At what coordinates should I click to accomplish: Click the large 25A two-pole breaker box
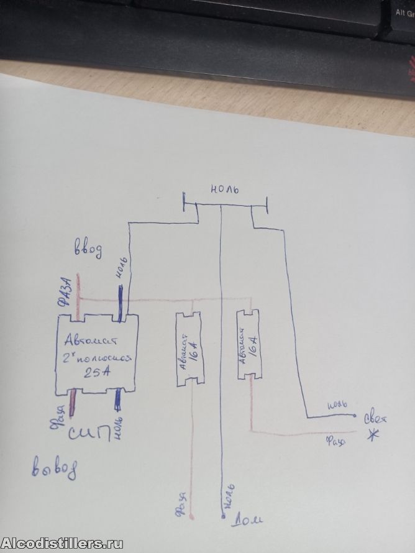pyautogui.click(x=96, y=356)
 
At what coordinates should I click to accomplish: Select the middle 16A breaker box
pyautogui.click(x=188, y=349)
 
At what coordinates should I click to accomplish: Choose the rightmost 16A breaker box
pyautogui.click(x=250, y=344)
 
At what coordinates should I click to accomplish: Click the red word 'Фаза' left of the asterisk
pyautogui.click(x=336, y=442)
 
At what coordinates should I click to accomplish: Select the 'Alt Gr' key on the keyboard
pyautogui.click(x=404, y=11)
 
